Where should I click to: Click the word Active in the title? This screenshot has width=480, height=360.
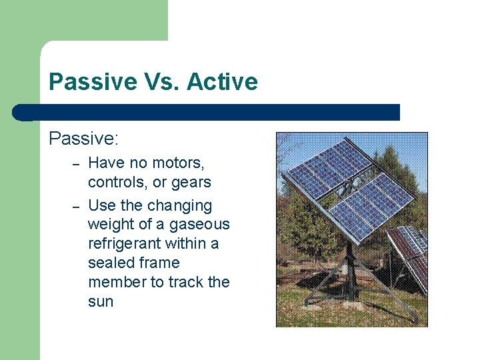coord(222,82)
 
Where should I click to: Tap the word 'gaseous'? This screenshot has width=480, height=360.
coord(199,225)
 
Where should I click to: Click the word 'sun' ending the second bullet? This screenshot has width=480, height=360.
coord(101,301)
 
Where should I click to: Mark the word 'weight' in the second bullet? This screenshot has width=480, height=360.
coord(111,225)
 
